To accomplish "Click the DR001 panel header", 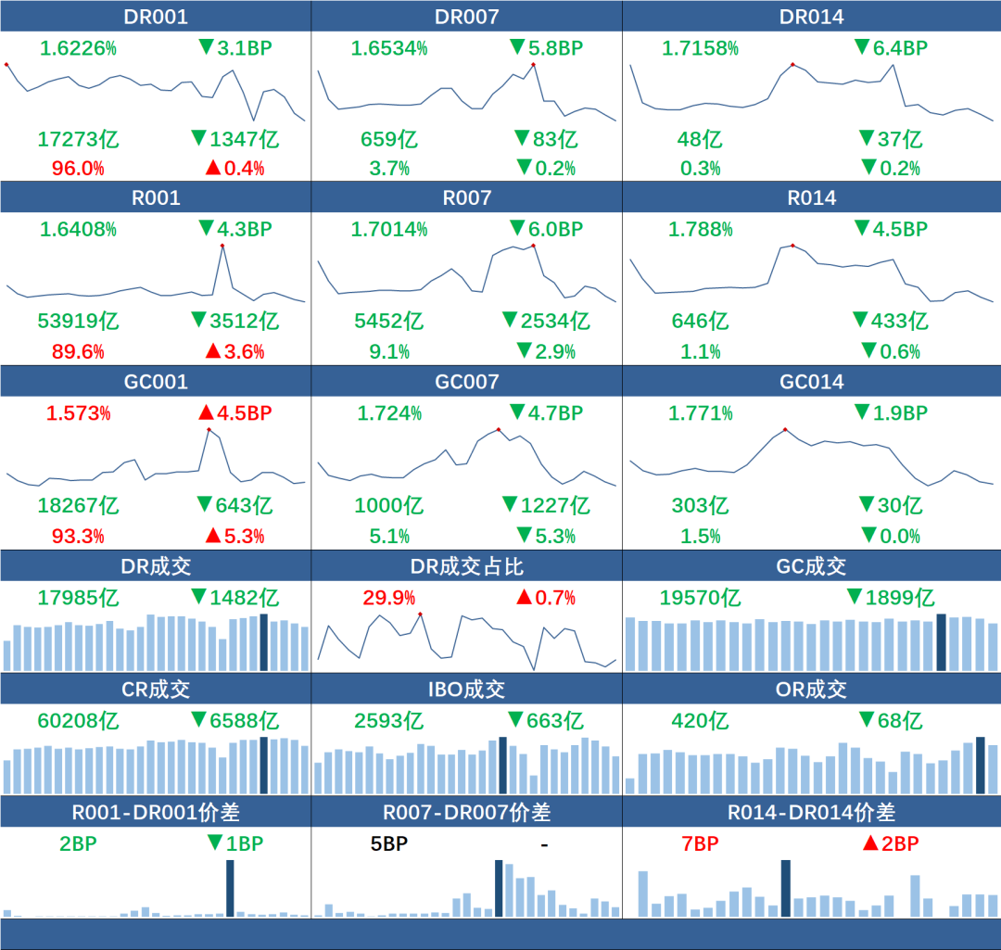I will click(x=155, y=17).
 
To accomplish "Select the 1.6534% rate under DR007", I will click(x=388, y=48).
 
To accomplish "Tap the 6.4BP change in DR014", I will click(x=890, y=48).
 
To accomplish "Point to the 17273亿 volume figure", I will click(x=78, y=140).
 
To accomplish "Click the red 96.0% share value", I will click(x=70, y=169).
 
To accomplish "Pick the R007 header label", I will click(x=466, y=197).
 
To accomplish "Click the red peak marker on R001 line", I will click(x=222, y=246).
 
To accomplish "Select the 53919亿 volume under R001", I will click(x=78, y=322).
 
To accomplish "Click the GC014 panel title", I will click(x=811, y=381).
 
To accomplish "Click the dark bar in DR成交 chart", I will click(x=264, y=641).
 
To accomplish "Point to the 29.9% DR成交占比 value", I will click(x=388, y=598).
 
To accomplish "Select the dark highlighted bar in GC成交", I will click(x=942, y=641).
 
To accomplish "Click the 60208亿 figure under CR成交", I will click(x=78, y=720).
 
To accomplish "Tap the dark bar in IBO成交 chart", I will click(x=503, y=765).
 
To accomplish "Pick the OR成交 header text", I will click(x=811, y=690).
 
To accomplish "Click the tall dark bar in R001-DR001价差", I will click(x=230, y=888).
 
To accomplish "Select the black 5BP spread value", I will click(x=388, y=843).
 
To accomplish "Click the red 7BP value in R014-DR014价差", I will click(x=700, y=843).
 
